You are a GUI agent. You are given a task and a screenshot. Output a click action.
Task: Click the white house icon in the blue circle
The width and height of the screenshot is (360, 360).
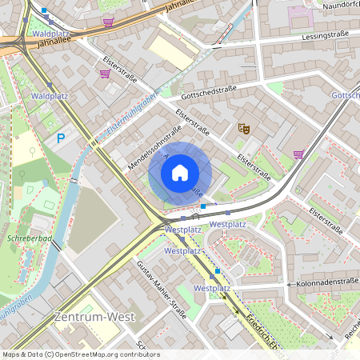[x=180, y=172]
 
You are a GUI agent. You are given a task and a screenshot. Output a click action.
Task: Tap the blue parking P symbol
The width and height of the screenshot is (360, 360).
[x=61, y=138]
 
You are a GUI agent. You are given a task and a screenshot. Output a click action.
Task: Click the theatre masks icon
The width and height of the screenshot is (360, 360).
[x=244, y=127]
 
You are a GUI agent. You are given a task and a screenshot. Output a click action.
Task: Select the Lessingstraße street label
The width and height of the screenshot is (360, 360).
[x=328, y=37]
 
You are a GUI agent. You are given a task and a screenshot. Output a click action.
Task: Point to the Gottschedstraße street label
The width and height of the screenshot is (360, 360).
[x=208, y=94]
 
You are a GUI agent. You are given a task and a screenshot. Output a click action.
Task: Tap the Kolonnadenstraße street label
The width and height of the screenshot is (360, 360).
[x=324, y=284]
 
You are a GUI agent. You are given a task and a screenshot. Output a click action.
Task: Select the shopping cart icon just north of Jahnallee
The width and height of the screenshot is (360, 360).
[x=109, y=22]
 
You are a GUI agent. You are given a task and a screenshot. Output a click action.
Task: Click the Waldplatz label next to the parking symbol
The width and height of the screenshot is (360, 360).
[x=50, y=96]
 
